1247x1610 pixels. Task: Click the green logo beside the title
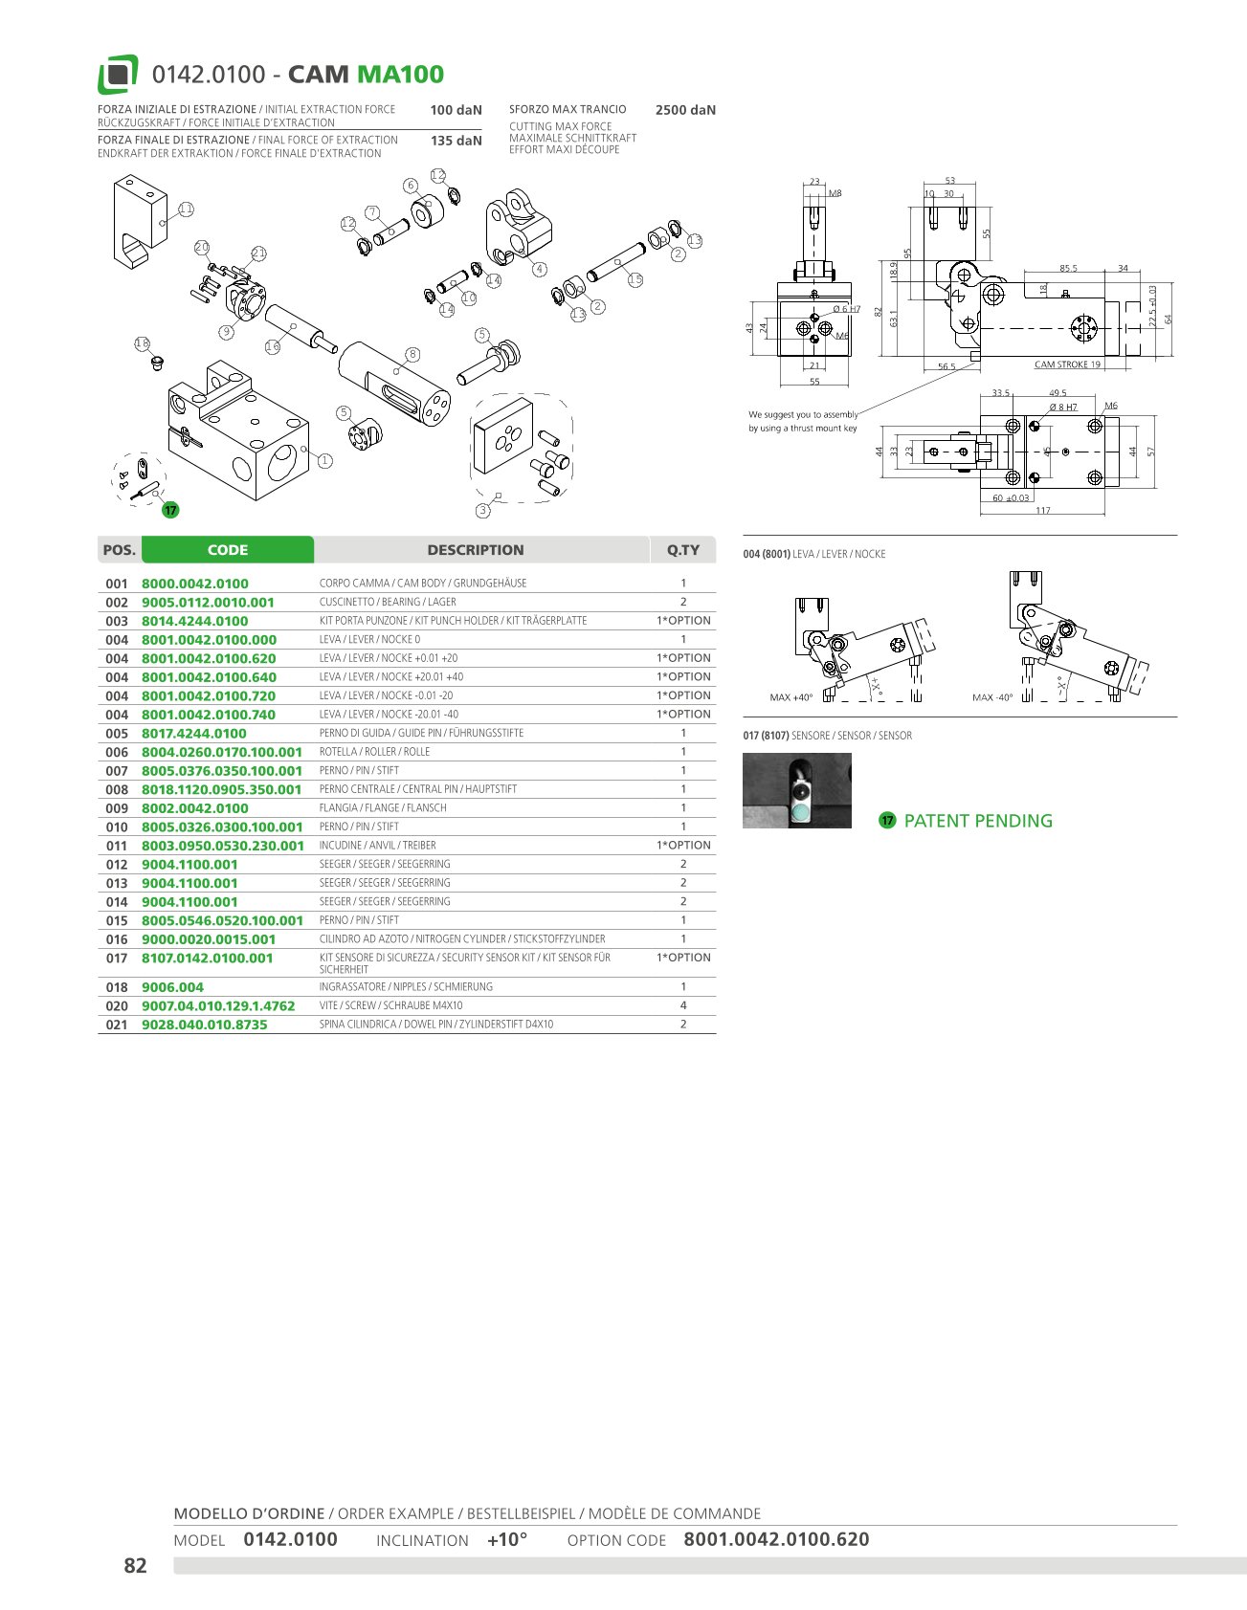point(118,75)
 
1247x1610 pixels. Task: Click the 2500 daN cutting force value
point(685,110)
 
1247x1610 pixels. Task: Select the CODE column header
point(228,550)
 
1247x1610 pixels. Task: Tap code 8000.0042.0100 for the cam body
point(195,584)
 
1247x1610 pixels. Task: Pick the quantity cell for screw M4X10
point(683,1005)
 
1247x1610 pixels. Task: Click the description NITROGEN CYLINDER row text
point(462,939)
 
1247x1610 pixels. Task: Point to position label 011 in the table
point(117,846)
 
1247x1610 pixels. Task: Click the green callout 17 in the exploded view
point(170,510)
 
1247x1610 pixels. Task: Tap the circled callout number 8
point(412,354)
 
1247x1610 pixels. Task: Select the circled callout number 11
point(186,209)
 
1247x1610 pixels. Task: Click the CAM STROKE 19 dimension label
point(1067,364)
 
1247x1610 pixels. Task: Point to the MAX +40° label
point(791,697)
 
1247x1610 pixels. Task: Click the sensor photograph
point(797,791)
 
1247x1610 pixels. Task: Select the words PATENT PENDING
point(978,821)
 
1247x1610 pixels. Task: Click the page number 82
point(135,1566)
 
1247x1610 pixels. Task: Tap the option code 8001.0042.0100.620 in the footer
point(776,1539)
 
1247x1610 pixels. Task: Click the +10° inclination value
point(507,1539)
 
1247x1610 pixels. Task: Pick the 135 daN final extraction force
point(456,141)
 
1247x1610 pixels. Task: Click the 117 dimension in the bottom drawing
point(1043,511)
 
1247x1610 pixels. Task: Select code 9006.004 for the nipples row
point(173,987)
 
